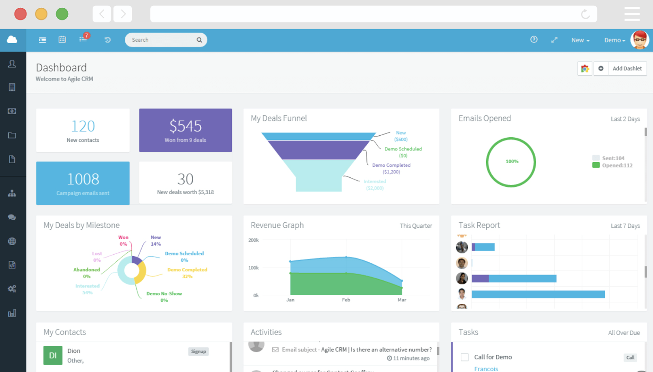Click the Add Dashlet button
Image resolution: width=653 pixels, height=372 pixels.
[x=627, y=69]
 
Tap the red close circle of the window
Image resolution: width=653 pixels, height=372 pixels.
[x=20, y=14]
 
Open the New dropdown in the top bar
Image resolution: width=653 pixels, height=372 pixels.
[x=580, y=40]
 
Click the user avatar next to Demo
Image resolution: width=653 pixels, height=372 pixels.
[x=640, y=40]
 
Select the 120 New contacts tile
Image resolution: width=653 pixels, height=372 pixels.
[x=83, y=130]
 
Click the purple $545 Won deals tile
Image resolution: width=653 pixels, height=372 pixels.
[x=185, y=130]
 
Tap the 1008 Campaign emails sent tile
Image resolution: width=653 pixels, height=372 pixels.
[x=83, y=183]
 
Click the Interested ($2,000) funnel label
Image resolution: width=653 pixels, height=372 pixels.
[x=375, y=185]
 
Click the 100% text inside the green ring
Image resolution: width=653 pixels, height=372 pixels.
[x=512, y=161]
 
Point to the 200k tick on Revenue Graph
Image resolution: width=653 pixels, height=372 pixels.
[x=253, y=240]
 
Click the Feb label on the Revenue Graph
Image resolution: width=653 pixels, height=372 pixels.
[x=346, y=300]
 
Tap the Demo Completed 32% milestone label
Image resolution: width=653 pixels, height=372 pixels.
[x=187, y=273]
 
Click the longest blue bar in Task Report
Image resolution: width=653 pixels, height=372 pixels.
[x=538, y=294]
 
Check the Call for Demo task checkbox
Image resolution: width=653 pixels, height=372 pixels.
[x=464, y=357]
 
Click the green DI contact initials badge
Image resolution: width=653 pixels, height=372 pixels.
[x=53, y=355]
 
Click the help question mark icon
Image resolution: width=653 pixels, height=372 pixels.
[x=534, y=40]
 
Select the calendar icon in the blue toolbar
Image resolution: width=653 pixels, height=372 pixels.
[x=62, y=40]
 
